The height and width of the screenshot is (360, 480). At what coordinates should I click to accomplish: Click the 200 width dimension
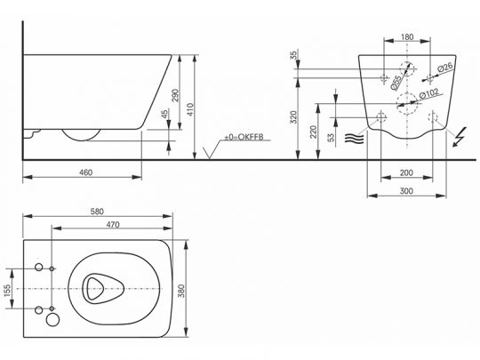point(406,173)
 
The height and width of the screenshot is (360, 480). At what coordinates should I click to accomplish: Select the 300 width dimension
point(406,191)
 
